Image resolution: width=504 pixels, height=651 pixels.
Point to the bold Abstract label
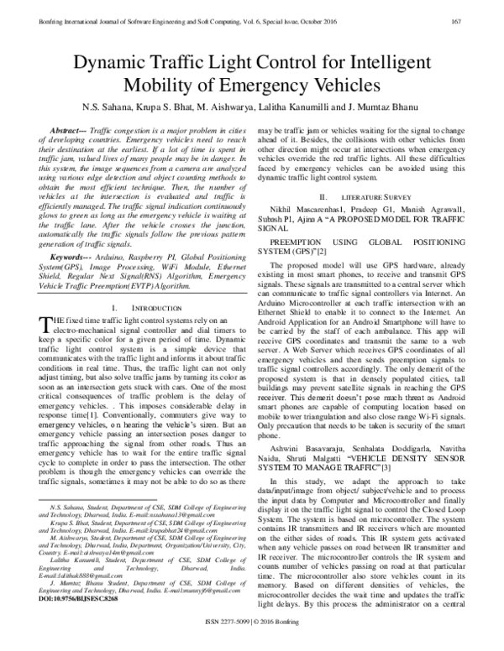[70, 133]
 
